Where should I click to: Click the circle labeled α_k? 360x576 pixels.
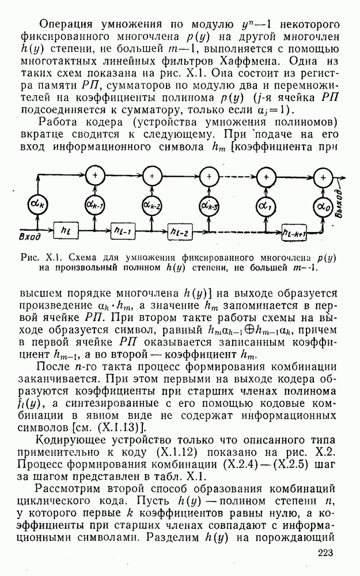point(37,204)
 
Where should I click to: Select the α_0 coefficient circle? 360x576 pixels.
point(323,206)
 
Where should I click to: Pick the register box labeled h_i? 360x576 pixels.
point(66,231)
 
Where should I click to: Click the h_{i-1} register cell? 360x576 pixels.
point(123,231)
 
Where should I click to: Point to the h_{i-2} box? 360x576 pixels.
point(180,232)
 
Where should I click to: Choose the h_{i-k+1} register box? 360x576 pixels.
point(294,232)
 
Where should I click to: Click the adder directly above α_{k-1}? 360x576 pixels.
point(95,176)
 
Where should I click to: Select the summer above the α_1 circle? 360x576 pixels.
point(266,176)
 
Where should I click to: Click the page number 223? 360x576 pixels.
point(323,552)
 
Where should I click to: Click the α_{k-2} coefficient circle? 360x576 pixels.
point(152,205)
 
